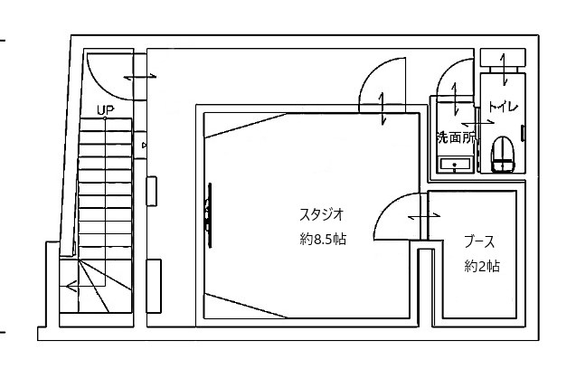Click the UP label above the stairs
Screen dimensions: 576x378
[x=106, y=109]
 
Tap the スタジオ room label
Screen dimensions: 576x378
[x=321, y=214]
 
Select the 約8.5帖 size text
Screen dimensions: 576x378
[x=323, y=239]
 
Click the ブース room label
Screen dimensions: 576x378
[x=479, y=241]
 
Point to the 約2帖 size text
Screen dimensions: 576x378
[x=482, y=266]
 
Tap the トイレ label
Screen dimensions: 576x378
[x=503, y=107]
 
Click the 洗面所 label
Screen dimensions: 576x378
[x=456, y=137]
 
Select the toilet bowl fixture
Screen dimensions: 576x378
[x=502, y=155]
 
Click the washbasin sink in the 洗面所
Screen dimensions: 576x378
[x=455, y=165]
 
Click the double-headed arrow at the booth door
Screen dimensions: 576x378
[x=424, y=216]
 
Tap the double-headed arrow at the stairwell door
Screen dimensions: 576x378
[x=140, y=77]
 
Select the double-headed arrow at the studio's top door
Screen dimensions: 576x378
[x=382, y=109]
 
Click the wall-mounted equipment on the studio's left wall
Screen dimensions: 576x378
[x=208, y=215]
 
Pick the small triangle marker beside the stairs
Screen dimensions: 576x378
[x=145, y=146]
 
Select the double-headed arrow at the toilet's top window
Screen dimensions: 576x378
[x=504, y=69]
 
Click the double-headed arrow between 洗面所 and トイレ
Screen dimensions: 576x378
[x=477, y=122]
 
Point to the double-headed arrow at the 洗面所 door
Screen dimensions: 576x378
[x=456, y=98]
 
